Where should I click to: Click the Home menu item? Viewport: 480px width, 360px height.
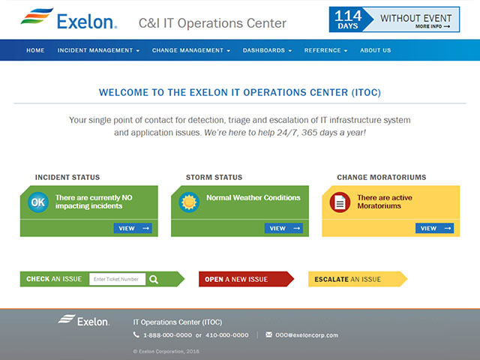35,50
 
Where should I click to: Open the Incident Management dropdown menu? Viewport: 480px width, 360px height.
98,50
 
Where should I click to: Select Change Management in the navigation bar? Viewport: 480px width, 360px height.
191,50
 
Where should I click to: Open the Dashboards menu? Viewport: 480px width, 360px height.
267,50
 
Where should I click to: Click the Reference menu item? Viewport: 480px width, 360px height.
325,50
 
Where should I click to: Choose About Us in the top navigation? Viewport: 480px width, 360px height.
375,50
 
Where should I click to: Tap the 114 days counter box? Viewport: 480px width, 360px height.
347,19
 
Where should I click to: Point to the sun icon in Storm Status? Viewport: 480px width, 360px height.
188,201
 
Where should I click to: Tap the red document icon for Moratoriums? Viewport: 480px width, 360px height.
340,201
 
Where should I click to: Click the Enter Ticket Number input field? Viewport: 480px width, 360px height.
117,279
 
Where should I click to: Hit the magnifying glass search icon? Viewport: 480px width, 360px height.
154,279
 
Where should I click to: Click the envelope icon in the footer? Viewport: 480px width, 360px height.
268,335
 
